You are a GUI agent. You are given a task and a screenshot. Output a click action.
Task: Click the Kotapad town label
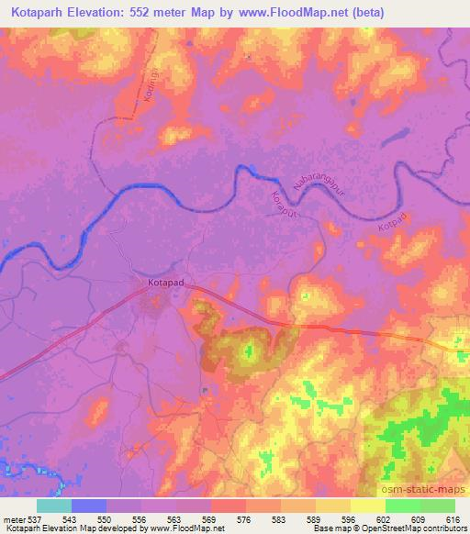click(166, 285)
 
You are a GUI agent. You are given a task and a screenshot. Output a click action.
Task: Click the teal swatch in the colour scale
click(54, 506)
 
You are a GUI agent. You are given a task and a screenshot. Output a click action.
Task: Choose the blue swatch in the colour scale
click(89, 506)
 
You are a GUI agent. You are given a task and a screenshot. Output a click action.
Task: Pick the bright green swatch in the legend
click(403, 506)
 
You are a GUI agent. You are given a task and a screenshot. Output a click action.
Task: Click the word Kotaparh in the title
click(37, 13)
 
